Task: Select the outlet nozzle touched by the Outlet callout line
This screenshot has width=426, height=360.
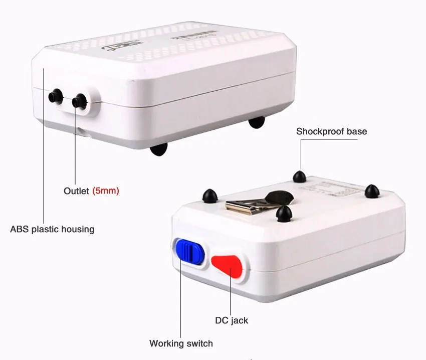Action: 77,102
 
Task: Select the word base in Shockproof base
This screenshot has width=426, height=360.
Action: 357,132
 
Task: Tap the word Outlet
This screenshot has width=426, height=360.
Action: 77,191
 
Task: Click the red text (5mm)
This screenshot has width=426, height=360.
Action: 106,191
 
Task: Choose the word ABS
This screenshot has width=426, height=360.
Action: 20,230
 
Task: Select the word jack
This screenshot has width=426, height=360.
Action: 239,320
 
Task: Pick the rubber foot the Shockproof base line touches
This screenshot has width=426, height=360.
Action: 300,176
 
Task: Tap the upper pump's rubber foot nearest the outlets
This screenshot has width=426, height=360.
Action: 158,149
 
